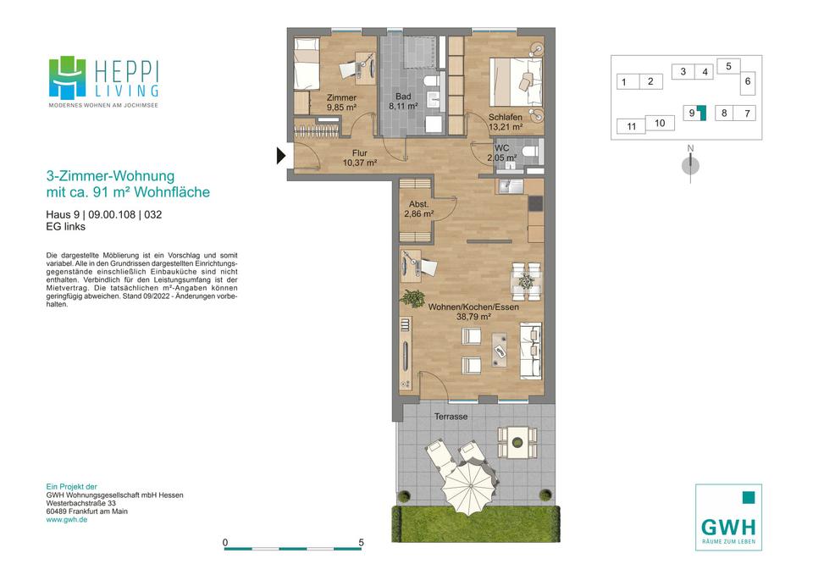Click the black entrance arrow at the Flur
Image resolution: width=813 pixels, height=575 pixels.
pos(281,156)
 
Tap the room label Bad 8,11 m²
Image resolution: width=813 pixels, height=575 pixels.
pos(403,101)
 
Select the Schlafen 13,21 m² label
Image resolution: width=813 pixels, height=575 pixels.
pos(506,122)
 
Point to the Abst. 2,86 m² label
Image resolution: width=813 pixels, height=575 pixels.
pos(419,209)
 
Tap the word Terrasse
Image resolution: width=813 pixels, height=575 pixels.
pos(451,417)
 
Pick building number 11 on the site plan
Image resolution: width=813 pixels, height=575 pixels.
pos(631,126)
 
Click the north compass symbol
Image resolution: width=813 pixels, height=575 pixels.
pos(690,165)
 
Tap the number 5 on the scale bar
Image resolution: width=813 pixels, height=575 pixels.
pos(361,542)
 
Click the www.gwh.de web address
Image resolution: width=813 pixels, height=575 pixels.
pos(66,519)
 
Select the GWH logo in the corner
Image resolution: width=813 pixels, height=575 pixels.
pos(728,517)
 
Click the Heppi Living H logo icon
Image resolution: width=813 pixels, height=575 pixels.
pos(68,78)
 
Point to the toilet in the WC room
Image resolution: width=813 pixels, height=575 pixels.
pos(530,152)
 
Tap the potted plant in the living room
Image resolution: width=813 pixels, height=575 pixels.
pos(413,298)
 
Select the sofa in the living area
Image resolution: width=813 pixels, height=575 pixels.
pos(531,351)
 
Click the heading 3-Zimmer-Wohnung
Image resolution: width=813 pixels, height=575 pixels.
pos(110,176)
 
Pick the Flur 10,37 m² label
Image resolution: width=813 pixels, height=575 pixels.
pos(359,158)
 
